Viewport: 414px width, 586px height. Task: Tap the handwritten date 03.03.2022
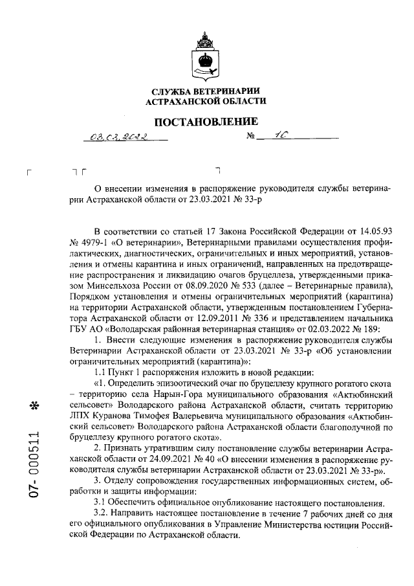click(x=120, y=137)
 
